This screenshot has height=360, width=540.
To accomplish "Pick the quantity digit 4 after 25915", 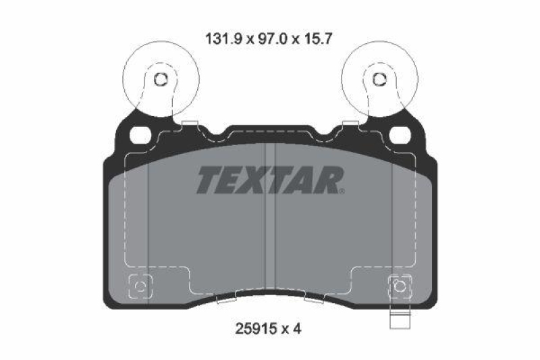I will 296,329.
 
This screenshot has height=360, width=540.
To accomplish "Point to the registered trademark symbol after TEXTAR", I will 342,190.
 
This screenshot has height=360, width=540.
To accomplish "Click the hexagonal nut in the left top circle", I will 160,80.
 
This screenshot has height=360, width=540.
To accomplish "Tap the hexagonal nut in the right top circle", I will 375,80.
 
